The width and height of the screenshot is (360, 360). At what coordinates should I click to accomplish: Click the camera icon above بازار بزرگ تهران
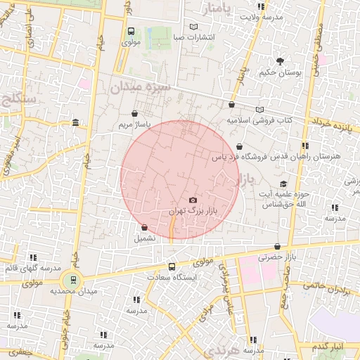(193, 200)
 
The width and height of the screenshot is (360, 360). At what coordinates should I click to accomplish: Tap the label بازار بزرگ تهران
(194, 210)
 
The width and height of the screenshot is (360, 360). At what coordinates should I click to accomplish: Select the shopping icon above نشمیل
(144, 228)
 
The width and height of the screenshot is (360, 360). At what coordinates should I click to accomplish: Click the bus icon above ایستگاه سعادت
(172, 266)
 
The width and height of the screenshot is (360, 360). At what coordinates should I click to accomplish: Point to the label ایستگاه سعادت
(172, 277)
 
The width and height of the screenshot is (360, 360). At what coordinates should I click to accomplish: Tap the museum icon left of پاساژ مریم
(75, 124)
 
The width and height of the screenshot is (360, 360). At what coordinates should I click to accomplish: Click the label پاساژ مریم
(134, 124)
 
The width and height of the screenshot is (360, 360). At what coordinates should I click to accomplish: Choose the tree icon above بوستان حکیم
(281, 61)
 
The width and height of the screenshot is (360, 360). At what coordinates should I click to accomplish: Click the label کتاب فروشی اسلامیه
(258, 120)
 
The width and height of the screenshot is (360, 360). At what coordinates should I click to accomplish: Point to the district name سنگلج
(20, 99)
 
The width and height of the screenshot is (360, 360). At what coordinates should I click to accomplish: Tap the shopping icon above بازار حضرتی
(278, 247)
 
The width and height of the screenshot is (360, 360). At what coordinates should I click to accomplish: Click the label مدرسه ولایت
(262, 16)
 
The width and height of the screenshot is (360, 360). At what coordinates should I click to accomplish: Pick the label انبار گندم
(329, 347)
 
